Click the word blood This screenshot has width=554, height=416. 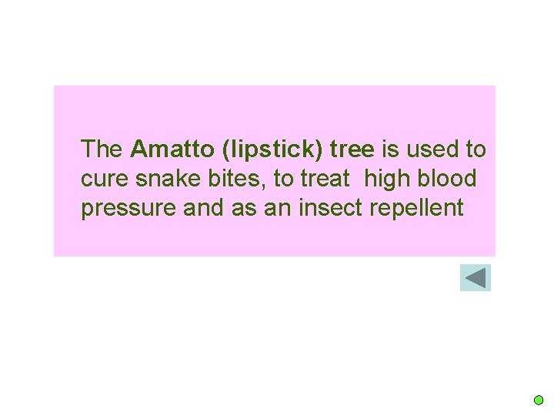point(448,179)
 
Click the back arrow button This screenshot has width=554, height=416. point(476,277)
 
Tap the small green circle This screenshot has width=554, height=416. point(539,401)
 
